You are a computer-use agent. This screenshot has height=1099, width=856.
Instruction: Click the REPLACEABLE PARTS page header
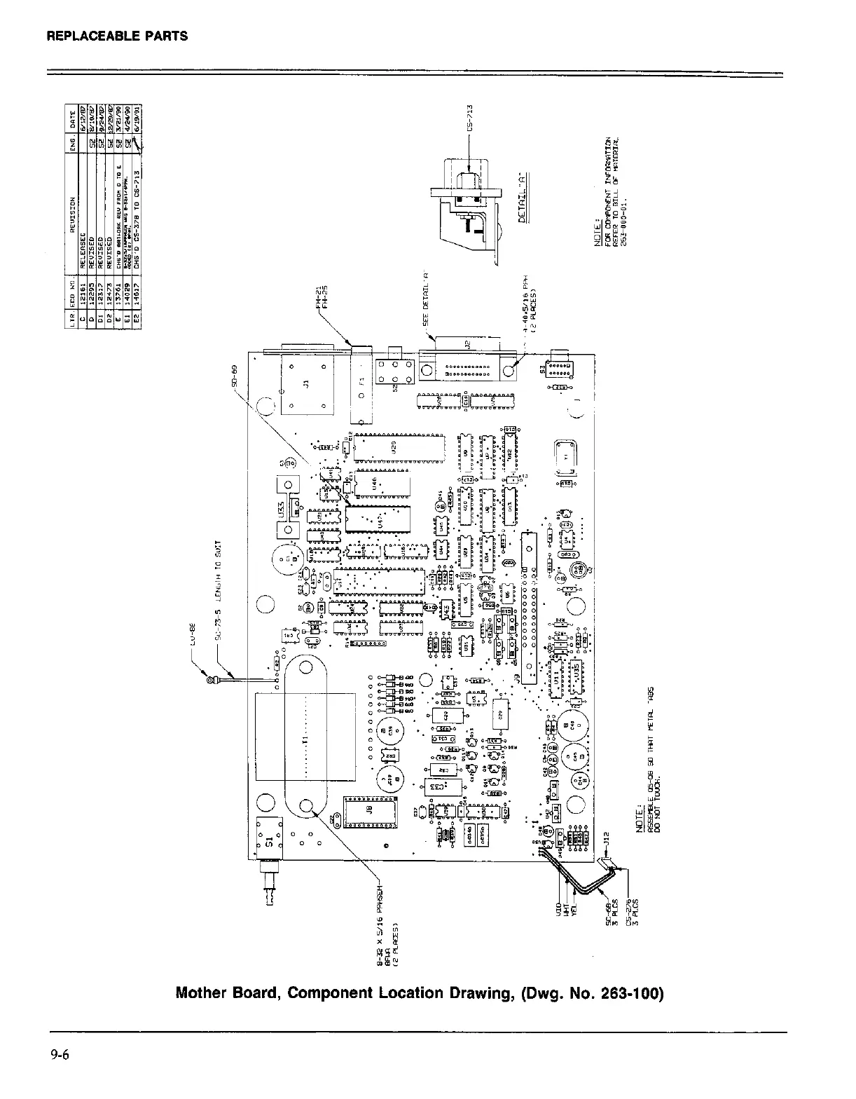[x=117, y=35]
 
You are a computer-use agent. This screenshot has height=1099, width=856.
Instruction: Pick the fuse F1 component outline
[x=361, y=386]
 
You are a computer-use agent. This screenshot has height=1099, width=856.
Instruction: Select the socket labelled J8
[x=369, y=812]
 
